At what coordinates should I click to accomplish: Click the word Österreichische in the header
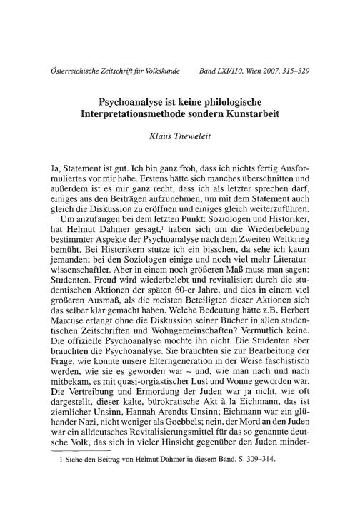[70, 72]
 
